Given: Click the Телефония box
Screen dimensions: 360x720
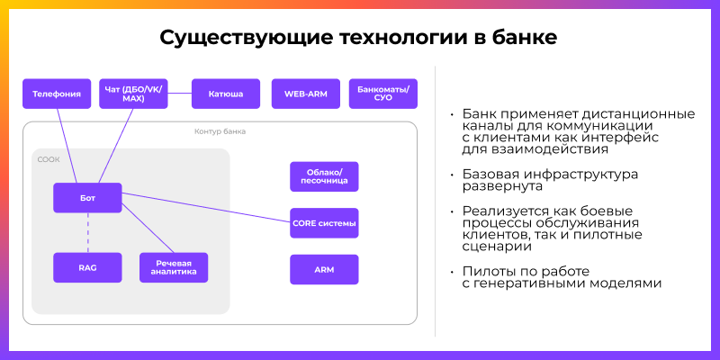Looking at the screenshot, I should click(x=58, y=94).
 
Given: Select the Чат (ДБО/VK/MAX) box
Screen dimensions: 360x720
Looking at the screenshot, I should click(x=133, y=94).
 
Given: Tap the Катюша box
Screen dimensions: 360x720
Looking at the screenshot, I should click(x=225, y=94).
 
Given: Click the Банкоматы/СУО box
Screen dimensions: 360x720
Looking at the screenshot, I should click(x=382, y=94).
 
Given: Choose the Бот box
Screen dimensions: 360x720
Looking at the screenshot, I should click(x=87, y=198).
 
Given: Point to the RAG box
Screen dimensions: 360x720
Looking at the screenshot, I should click(x=87, y=267).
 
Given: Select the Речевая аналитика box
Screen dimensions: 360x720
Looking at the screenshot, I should click(x=174, y=267).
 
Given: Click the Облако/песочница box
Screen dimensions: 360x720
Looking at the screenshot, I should click(x=324, y=177).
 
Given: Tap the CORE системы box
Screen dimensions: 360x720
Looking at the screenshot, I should click(x=324, y=223).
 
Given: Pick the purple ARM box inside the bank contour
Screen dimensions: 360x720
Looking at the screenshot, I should click(x=324, y=269).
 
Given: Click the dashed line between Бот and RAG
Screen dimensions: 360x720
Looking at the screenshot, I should click(x=87, y=233).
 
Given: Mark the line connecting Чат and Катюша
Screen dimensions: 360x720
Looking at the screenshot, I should click(x=178, y=94).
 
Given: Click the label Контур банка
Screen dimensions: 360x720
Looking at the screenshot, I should click(x=220, y=131).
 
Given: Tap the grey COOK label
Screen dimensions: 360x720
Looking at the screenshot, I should click(x=49, y=159).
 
